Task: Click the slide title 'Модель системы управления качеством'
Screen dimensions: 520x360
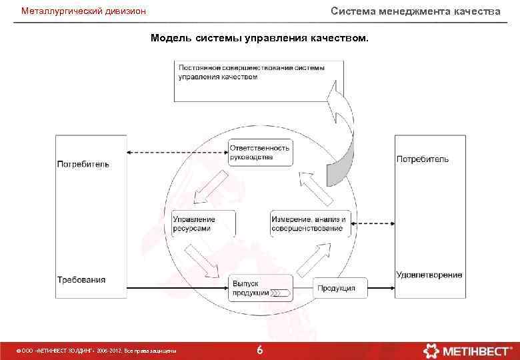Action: (259, 38)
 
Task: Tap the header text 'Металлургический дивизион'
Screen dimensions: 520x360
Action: (83, 11)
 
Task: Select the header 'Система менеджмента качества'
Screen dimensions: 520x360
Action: (415, 11)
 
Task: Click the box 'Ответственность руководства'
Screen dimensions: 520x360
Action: (260, 153)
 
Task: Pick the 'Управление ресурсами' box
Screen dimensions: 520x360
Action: (203, 224)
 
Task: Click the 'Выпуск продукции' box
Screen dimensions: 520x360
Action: (261, 288)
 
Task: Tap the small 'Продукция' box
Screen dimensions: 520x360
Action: (340, 288)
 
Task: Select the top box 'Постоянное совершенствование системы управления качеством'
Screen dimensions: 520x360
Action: (259, 80)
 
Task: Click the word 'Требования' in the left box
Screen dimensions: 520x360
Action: (81, 279)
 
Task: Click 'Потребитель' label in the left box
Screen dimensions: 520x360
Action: (83, 163)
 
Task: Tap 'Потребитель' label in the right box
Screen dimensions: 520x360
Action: (423, 159)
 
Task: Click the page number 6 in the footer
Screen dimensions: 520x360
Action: (259, 350)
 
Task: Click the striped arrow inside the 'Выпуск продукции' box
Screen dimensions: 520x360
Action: (280, 293)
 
